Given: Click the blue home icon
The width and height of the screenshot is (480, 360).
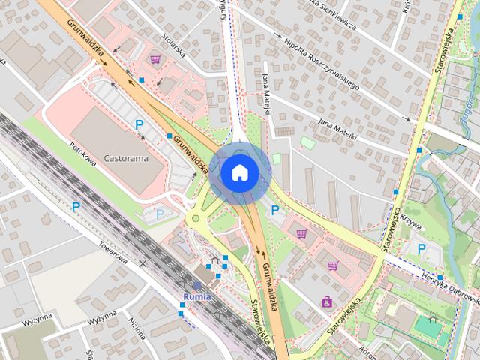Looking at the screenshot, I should tap(239, 172).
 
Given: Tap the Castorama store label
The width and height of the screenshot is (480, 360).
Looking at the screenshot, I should tap(126, 159).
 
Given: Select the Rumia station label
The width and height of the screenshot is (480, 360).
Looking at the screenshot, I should tap(196, 295).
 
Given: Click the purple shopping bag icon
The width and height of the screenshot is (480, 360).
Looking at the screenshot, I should tap(327, 301).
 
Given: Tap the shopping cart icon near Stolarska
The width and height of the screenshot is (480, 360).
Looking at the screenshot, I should tap(154, 58).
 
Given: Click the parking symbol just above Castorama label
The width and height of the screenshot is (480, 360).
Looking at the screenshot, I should tap(139, 124).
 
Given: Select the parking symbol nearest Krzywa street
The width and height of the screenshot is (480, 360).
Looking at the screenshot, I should tap(421, 248).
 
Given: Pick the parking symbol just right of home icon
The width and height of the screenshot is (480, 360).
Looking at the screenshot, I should tap(275, 211).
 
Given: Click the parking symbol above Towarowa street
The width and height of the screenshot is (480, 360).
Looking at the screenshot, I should tap(76, 206).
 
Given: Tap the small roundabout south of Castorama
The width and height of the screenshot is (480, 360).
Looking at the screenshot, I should tap(196, 219).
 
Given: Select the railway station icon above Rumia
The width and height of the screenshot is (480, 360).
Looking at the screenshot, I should tap(196, 285).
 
